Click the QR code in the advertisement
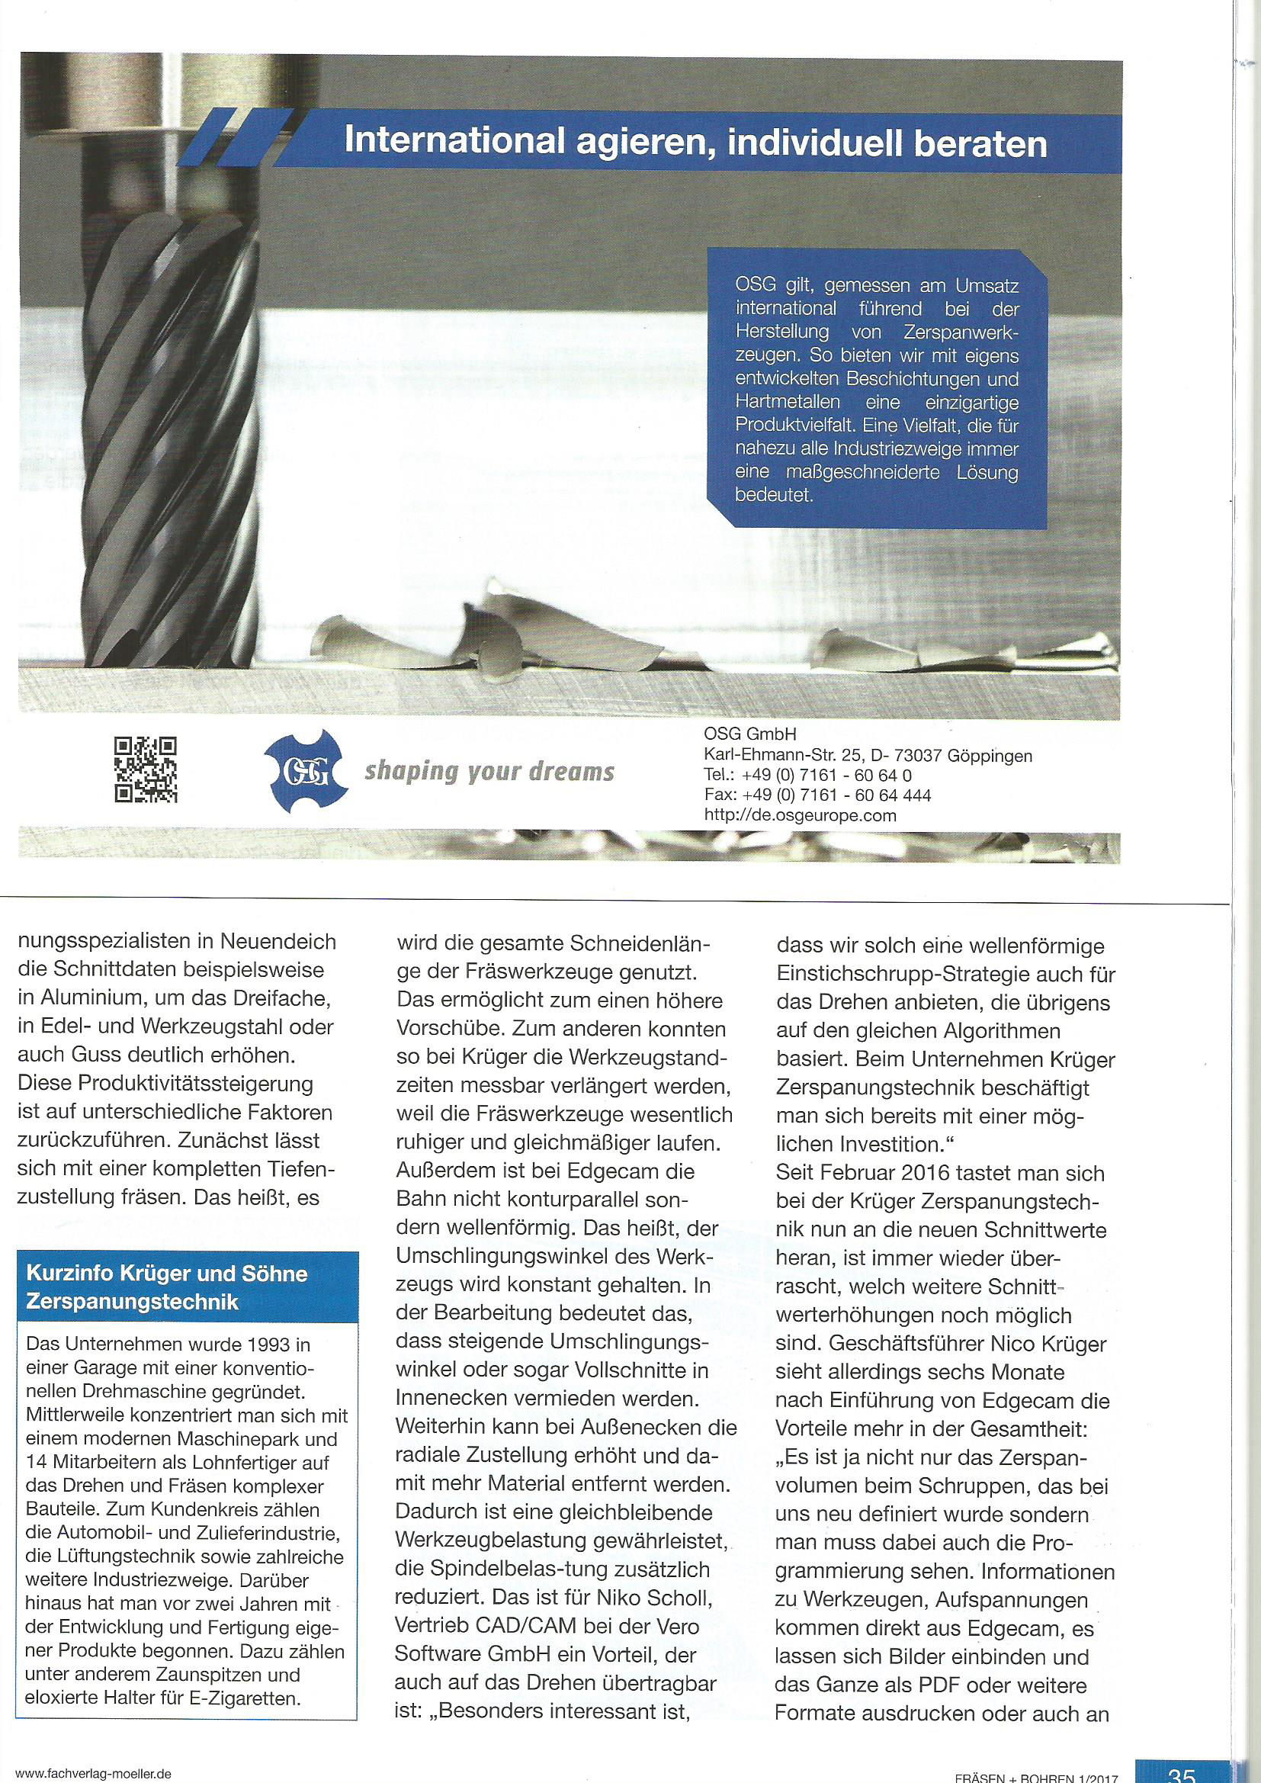click(146, 768)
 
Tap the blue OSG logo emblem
click(304, 771)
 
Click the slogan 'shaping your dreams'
click(489, 772)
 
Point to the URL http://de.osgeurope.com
click(800, 815)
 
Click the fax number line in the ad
click(817, 795)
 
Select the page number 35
click(1181, 1773)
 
